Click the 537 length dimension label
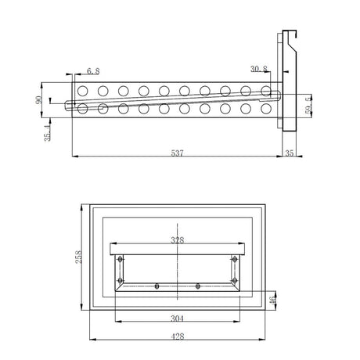pyautogui.click(x=178, y=154)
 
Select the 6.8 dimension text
pyautogui.click(x=92, y=71)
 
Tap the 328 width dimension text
pyautogui.click(x=179, y=240)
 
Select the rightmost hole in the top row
pyautogui.click(x=266, y=91)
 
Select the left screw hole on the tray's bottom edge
pyautogui.click(x=157, y=286)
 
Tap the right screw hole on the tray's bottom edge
pyautogui.click(x=197, y=286)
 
